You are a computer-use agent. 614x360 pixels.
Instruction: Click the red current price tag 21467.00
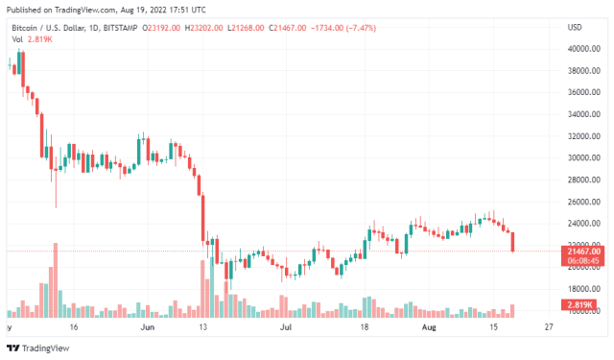pyautogui.click(x=578, y=250)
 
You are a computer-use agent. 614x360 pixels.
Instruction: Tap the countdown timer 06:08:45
pyautogui.click(x=578, y=260)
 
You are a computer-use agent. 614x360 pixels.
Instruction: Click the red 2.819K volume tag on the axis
pyautogui.click(x=578, y=304)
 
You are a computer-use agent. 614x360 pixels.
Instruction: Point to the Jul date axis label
pyautogui.click(x=285, y=327)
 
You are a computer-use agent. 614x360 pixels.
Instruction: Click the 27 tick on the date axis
pyautogui.click(x=548, y=327)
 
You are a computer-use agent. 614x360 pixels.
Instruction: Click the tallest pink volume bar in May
pyautogui.click(x=56, y=279)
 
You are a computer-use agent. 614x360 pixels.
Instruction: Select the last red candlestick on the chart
pyautogui.click(x=513, y=242)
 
